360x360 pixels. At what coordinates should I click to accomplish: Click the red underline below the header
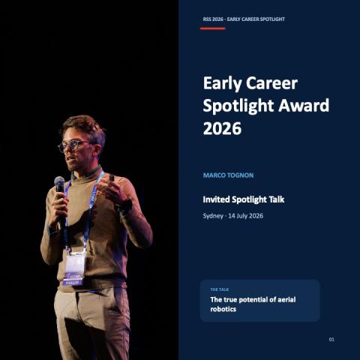(213, 28)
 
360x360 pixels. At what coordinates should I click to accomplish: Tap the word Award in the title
(304, 105)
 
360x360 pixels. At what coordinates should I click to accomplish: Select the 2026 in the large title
(222, 128)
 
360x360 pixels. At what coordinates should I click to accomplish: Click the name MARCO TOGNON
(228, 175)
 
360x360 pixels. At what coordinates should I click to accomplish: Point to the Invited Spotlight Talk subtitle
(244, 199)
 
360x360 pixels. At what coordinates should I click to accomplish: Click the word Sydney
(213, 216)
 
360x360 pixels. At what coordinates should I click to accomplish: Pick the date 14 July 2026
(245, 216)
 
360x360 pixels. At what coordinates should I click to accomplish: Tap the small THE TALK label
(220, 289)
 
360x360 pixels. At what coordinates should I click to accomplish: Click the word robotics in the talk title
(223, 309)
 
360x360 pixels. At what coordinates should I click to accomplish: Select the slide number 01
(331, 339)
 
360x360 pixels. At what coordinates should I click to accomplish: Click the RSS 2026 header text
(213, 19)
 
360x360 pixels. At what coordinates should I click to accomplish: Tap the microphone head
(59, 181)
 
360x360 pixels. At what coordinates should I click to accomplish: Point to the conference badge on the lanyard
(74, 268)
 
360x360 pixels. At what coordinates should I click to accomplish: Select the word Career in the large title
(271, 83)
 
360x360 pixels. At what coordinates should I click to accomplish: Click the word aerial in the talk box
(285, 299)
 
